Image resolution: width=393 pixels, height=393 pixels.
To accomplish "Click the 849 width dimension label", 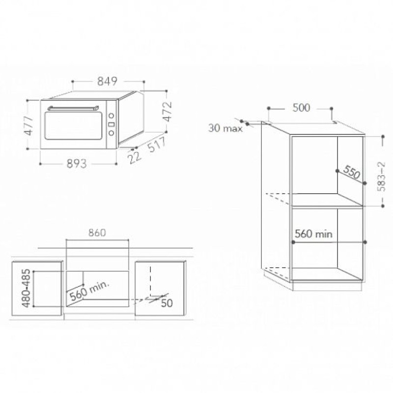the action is [107, 81].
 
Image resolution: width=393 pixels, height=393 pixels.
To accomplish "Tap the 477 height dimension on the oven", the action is [29, 126].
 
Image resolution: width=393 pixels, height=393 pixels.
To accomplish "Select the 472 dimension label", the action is [168, 112].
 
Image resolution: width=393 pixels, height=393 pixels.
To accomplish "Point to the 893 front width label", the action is [77, 164].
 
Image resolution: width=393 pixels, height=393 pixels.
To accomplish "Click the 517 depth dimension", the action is [157, 144].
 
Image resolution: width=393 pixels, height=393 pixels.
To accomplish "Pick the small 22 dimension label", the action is [135, 158].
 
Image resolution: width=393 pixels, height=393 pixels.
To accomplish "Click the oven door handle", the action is [73, 108].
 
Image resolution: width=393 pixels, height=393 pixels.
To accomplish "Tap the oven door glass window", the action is [73, 126].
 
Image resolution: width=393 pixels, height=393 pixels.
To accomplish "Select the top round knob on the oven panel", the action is [112, 115].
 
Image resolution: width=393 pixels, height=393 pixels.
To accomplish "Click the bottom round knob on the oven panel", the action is [112, 133].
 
